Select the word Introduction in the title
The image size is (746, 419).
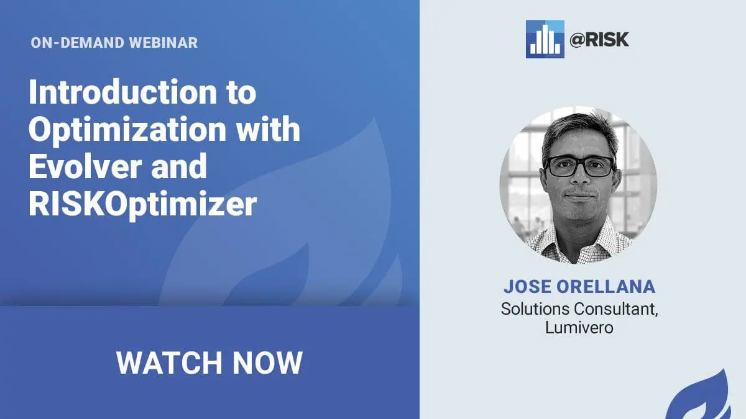(x=123, y=91)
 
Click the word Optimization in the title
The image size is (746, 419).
(x=127, y=130)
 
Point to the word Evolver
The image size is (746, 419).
(x=85, y=166)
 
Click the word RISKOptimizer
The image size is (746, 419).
(x=143, y=204)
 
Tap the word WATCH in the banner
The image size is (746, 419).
(x=169, y=363)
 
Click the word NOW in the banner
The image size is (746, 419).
(x=267, y=363)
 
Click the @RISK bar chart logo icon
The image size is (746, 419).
(x=545, y=39)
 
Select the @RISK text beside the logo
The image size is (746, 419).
(x=599, y=40)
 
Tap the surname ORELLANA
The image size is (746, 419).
(x=606, y=287)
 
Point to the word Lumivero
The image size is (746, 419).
(x=579, y=328)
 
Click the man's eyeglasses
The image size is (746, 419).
(x=579, y=166)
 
